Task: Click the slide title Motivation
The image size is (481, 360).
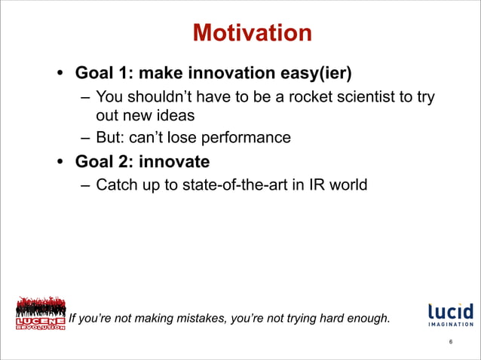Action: [x=252, y=33]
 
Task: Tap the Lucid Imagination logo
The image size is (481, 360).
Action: [x=450, y=315]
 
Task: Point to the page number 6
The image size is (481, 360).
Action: [x=450, y=343]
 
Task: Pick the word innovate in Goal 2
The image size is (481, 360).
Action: [x=174, y=161]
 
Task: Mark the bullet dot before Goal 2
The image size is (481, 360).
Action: [x=58, y=162]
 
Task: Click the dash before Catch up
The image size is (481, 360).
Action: [x=85, y=185]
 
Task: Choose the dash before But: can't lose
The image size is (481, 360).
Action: [x=85, y=138]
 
